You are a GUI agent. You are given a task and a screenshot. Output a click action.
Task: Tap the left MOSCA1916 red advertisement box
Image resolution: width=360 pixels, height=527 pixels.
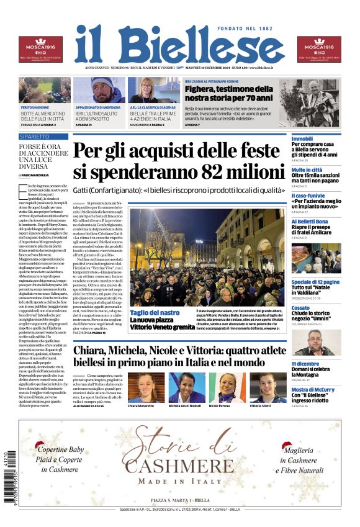(40, 50)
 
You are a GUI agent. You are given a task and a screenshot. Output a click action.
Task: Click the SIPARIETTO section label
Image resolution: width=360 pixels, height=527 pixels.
(35, 136)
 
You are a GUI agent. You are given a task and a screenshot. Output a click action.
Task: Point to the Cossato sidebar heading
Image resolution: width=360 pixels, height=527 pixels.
(300, 307)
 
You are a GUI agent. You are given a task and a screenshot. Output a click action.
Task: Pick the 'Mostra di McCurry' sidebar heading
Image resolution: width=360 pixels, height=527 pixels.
(313, 390)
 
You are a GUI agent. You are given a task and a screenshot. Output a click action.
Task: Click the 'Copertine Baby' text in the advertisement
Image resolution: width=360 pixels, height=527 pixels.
(60, 449)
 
